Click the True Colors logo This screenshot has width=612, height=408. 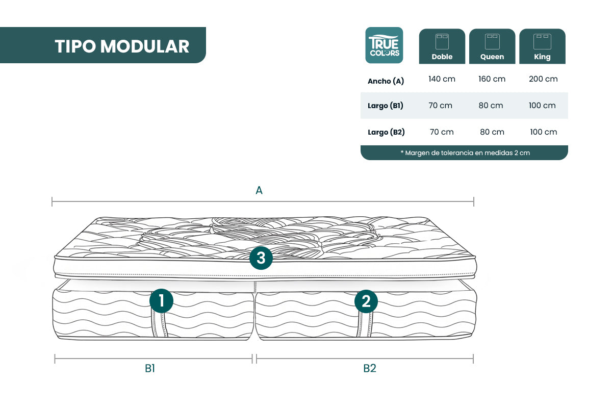(x=384, y=45)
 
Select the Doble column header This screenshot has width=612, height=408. (x=442, y=46)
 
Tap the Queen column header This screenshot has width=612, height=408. (x=492, y=46)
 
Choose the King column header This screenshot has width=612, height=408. (x=542, y=46)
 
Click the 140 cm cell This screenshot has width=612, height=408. (x=442, y=79)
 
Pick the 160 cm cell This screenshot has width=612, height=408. (x=492, y=79)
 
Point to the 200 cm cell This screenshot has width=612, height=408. (x=543, y=79)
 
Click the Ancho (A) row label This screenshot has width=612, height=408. (x=386, y=81)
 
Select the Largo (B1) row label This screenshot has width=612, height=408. (x=385, y=106)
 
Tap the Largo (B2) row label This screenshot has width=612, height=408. (x=386, y=132)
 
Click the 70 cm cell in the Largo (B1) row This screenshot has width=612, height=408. (x=440, y=106)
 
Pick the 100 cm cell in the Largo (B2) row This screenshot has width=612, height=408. (x=544, y=132)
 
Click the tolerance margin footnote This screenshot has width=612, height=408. (x=465, y=153)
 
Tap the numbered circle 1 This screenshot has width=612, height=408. (x=161, y=300)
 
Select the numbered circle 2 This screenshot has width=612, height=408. (x=366, y=301)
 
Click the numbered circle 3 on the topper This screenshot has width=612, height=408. (x=261, y=258)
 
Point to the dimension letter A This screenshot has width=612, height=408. (x=259, y=190)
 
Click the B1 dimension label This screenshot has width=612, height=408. (x=150, y=368)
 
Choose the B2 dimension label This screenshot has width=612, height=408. (x=370, y=368)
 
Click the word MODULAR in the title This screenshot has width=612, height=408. (x=144, y=46)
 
